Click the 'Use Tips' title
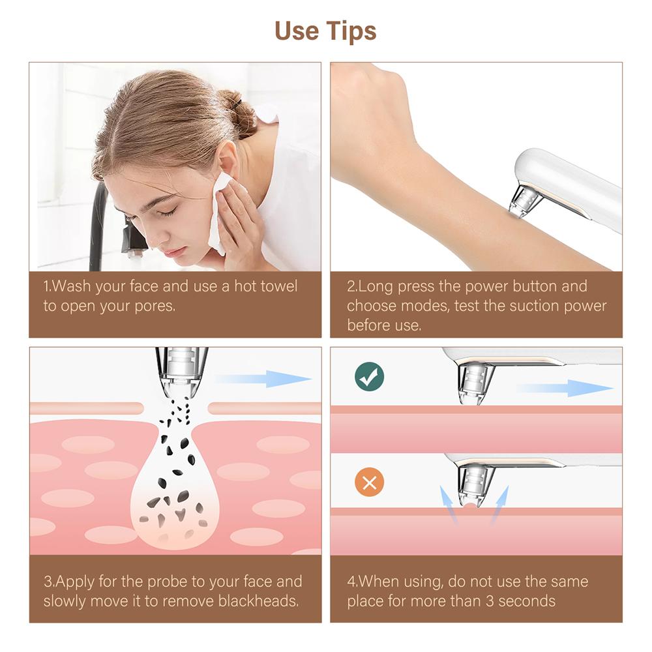(325, 31)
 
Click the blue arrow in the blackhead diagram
(264, 379)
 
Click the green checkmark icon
(369, 376)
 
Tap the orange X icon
(369, 483)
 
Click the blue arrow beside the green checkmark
(565, 389)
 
